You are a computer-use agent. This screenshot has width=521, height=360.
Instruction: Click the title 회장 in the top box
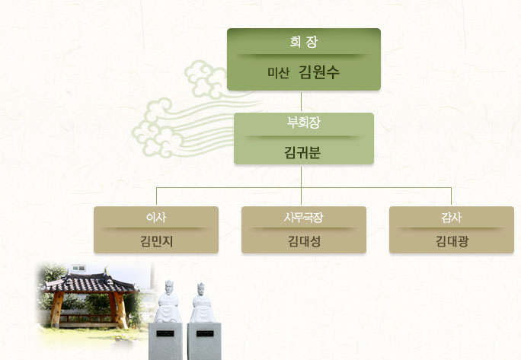[304, 42]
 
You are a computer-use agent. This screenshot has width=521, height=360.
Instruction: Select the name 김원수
[319, 72]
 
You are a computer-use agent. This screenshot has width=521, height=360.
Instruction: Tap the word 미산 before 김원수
[279, 73]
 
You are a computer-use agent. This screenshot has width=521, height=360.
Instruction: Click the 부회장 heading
[304, 123]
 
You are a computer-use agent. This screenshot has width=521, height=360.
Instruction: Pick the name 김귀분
[302, 152]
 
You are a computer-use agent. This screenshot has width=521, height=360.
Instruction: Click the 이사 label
[156, 217]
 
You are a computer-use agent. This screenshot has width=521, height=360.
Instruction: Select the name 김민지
[156, 241]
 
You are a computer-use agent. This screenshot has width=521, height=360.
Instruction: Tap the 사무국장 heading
[303, 217]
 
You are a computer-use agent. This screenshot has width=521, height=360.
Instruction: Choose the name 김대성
[304, 241]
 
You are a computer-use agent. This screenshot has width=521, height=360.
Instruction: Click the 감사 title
[451, 217]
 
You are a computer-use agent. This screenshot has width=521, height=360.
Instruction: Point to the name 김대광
[452, 241]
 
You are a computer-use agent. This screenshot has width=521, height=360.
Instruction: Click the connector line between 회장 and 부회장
[302, 102]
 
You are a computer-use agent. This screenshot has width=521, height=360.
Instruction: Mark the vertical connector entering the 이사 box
[156, 196]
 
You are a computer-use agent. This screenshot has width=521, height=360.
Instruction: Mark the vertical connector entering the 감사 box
[451, 196]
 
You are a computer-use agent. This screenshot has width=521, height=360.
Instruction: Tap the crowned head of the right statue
[200, 289]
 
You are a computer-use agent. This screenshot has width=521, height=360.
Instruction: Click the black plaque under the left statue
[165, 333]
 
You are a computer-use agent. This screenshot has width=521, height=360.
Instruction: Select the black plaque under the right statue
[205, 333]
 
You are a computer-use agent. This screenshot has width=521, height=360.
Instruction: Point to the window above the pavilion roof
[78, 268]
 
